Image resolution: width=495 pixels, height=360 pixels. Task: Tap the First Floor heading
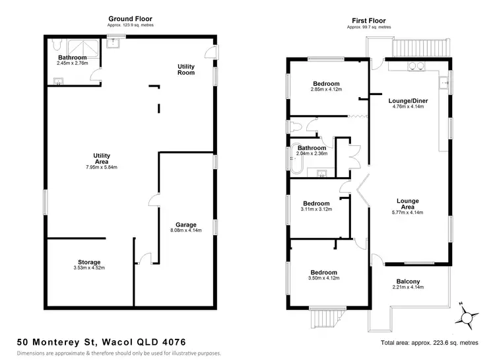tap(369, 20)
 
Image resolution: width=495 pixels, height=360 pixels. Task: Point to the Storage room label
tap(89, 262)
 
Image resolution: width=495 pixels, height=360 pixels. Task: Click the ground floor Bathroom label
tap(73, 57)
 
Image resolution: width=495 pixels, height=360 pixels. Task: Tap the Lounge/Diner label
tap(409, 101)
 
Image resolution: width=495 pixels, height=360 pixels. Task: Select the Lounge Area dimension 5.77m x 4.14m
tap(409, 212)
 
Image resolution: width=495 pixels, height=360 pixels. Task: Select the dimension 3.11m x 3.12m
tap(317, 209)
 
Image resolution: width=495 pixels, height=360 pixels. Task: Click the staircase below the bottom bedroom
tap(325, 320)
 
